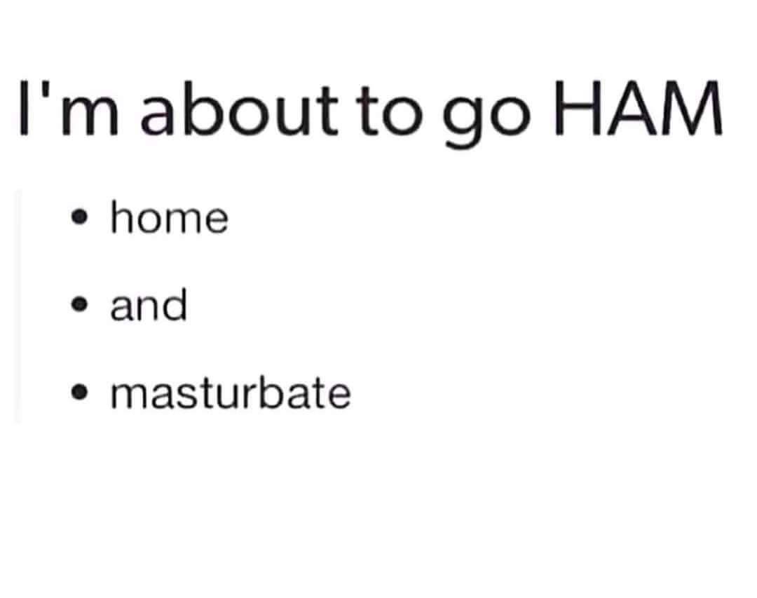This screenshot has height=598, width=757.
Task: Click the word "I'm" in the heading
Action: click(x=69, y=108)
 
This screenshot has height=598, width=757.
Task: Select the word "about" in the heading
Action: click(x=239, y=108)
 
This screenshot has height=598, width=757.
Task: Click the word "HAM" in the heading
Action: click(x=639, y=108)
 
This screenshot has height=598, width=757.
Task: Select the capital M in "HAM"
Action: click(x=694, y=108)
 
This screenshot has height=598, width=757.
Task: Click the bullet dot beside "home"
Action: click(x=79, y=217)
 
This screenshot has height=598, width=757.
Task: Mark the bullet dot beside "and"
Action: click(x=79, y=305)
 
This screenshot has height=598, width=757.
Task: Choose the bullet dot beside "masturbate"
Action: click(x=79, y=393)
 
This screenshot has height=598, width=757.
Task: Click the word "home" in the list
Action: click(x=170, y=217)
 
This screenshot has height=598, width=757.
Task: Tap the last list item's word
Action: click(x=231, y=392)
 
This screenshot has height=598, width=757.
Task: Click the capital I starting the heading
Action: click(x=23, y=108)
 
